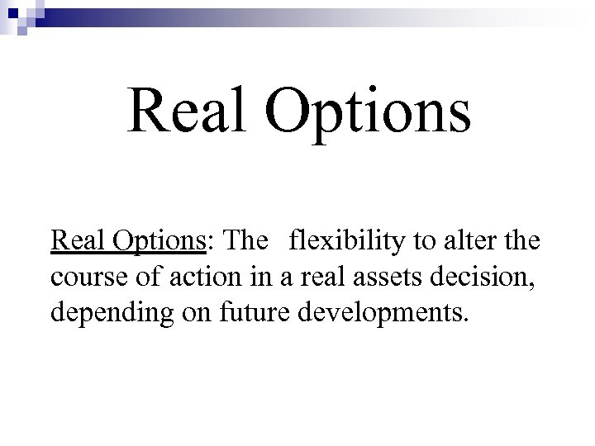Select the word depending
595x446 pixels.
click(x=107, y=315)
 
